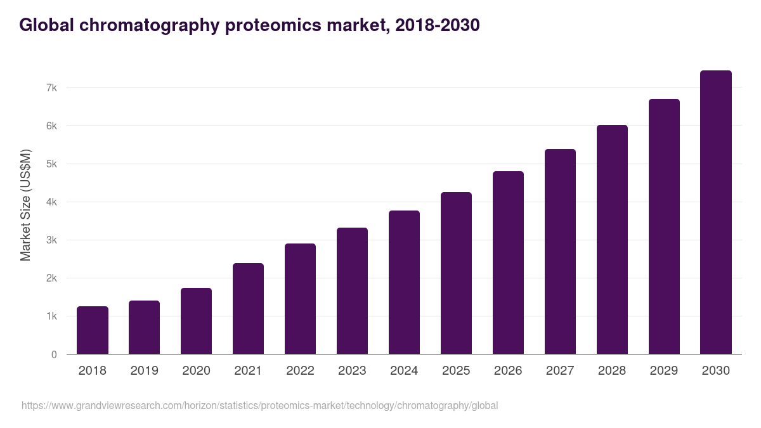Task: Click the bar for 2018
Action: tap(93, 330)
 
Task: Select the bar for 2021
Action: tap(248, 309)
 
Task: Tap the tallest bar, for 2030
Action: tap(716, 212)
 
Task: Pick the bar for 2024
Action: tap(404, 282)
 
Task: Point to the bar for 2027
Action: tap(560, 252)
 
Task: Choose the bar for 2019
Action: tap(144, 327)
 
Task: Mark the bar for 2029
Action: tap(664, 226)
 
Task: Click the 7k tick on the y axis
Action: tap(51, 88)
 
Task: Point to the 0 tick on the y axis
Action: tap(54, 354)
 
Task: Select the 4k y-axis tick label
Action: tap(51, 202)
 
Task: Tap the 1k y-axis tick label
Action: tap(51, 316)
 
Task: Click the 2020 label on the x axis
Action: tap(196, 371)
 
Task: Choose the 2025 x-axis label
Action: tap(456, 371)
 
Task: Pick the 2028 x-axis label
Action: tap(612, 371)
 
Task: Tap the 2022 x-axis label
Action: tap(300, 371)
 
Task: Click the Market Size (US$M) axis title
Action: tap(25, 205)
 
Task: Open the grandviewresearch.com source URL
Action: tap(259, 405)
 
